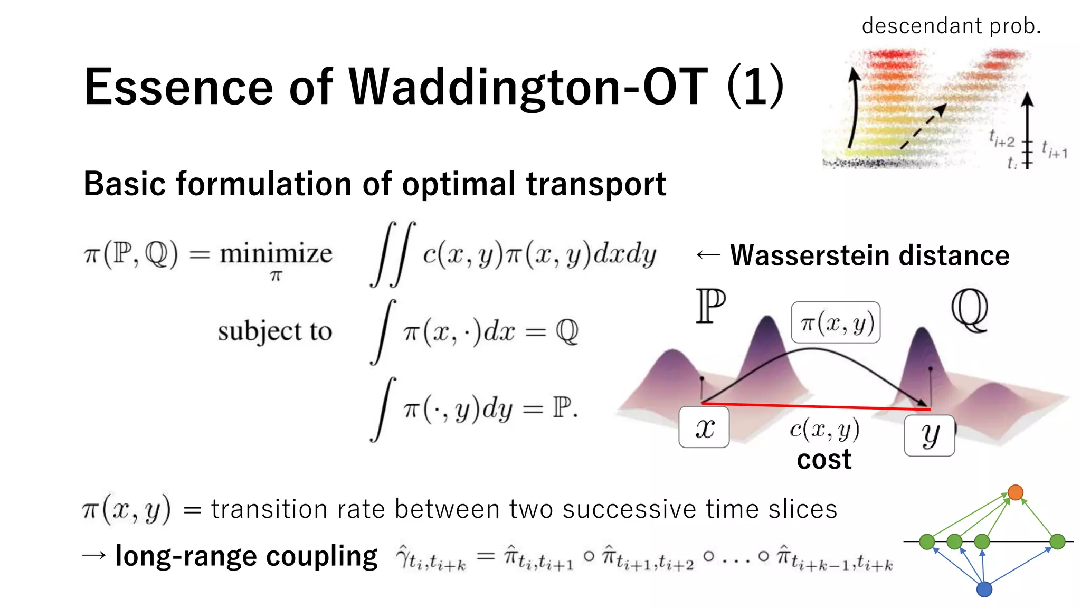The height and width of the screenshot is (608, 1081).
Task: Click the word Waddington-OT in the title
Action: (528, 87)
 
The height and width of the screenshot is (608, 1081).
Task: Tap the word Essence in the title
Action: (178, 87)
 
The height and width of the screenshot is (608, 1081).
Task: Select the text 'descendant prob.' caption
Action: (951, 26)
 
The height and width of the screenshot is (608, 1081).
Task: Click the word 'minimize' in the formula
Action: (276, 254)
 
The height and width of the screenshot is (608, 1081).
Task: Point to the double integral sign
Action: (393, 254)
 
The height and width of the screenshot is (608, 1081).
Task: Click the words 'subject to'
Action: (274, 331)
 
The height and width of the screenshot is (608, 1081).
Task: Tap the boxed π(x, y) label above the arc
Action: (836, 322)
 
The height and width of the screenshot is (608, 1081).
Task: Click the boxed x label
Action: (704, 427)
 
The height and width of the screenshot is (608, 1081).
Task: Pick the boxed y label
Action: (930, 435)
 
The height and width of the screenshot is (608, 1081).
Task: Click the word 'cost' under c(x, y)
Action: (824, 460)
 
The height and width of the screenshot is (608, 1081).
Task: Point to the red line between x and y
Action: (816, 406)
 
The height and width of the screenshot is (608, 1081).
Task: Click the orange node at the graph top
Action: (1015, 492)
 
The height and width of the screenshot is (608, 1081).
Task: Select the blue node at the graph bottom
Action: (984, 589)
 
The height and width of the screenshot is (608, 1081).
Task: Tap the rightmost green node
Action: (1057, 541)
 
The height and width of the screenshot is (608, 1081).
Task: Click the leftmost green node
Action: (927, 541)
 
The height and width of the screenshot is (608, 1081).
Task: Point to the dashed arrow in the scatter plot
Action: (924, 126)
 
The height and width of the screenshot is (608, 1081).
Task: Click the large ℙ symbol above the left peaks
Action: (710, 306)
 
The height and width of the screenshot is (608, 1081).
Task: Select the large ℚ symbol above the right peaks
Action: (970, 310)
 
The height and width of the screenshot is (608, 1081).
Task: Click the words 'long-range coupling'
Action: (246, 556)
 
